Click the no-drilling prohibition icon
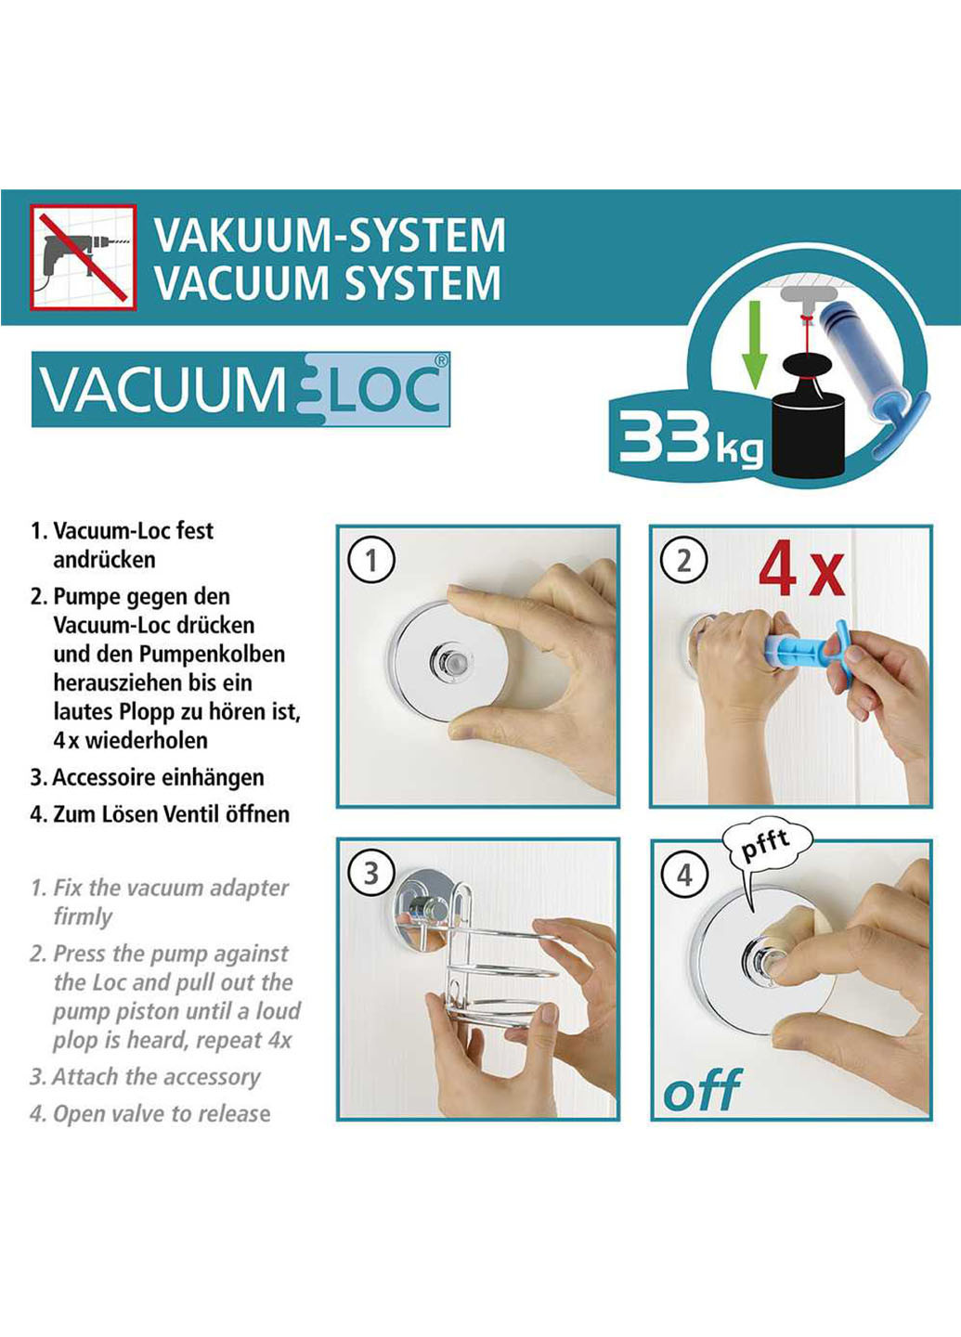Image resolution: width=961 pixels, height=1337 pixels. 83,257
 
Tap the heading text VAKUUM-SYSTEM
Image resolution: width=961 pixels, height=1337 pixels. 330,235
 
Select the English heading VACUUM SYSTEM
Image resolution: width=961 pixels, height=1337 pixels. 328,283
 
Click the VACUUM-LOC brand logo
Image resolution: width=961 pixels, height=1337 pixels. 241,389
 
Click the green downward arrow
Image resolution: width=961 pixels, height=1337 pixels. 755,344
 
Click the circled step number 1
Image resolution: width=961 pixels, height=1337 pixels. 370,561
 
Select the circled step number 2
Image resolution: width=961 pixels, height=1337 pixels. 684,561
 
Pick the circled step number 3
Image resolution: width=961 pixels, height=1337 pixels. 370,873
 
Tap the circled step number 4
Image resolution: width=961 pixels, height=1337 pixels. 684,875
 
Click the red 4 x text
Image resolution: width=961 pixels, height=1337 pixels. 800,572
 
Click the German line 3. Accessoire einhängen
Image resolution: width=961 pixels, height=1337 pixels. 148,777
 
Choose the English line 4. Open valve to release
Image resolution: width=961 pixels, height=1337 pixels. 150,1113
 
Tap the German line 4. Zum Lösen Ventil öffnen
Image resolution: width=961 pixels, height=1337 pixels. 160,814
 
